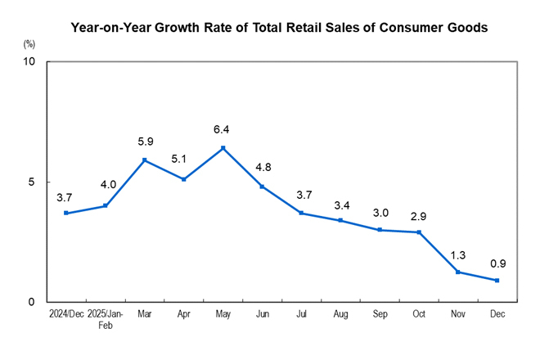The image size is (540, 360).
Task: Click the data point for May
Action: click(223, 148)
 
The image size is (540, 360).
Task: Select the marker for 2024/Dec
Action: click(65, 214)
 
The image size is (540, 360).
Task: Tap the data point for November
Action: click(458, 272)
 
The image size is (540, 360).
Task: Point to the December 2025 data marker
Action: click(497, 281)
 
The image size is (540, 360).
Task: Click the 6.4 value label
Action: click(223, 129)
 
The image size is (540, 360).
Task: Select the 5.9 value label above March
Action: click(145, 142)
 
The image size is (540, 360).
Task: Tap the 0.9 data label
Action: click(497, 263)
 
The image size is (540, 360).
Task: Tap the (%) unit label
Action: click(30, 42)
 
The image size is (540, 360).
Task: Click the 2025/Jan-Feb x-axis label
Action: click(105, 319)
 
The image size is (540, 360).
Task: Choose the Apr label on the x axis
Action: click(184, 314)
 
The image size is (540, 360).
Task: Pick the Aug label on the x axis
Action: click(340, 314)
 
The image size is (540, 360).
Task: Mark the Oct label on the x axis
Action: click(419, 314)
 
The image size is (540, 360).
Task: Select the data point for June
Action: click(262, 187)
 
